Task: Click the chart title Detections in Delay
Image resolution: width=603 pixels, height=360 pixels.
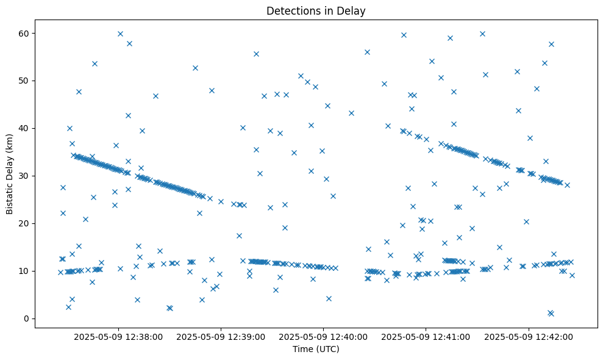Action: [x=316, y=10]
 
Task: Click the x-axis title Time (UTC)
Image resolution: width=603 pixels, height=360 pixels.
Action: [x=316, y=350]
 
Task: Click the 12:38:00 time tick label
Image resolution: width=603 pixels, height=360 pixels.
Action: [x=118, y=336]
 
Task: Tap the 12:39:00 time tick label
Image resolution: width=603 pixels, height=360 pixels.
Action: [x=221, y=336]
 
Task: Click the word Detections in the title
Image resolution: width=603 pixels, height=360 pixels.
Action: [x=291, y=10]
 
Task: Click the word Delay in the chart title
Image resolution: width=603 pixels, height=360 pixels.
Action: [x=353, y=10]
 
